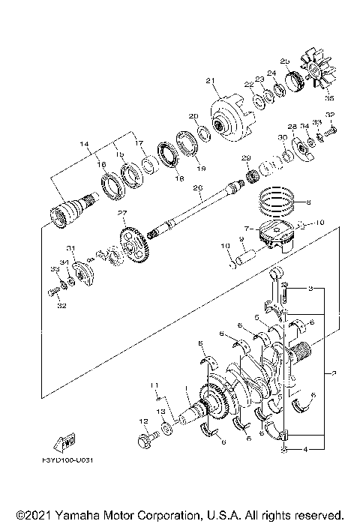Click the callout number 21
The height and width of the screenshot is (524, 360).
[x=210, y=81]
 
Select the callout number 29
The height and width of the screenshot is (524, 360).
[x=244, y=157]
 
